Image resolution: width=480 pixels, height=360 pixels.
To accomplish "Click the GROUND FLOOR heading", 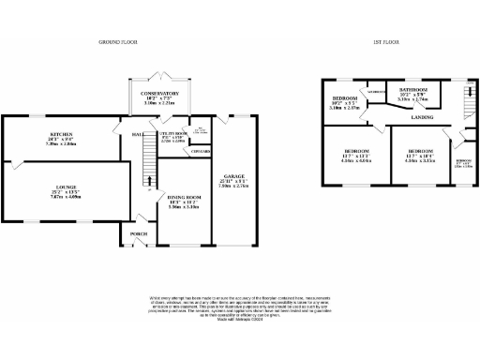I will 118,43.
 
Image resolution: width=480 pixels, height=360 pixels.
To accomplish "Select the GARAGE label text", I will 232,178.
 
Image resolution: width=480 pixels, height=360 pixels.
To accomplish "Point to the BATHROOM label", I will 412,91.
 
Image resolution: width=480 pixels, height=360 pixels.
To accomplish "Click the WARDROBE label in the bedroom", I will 376,93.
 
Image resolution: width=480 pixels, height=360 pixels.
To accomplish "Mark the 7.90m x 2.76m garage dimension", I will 232,187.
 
